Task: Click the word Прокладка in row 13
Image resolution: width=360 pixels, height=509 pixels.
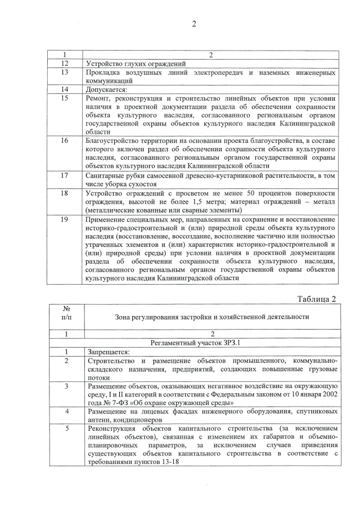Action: [x=105, y=73]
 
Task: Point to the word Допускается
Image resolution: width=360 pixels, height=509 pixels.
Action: [x=107, y=89]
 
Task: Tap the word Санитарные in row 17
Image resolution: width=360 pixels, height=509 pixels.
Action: [x=107, y=175]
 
